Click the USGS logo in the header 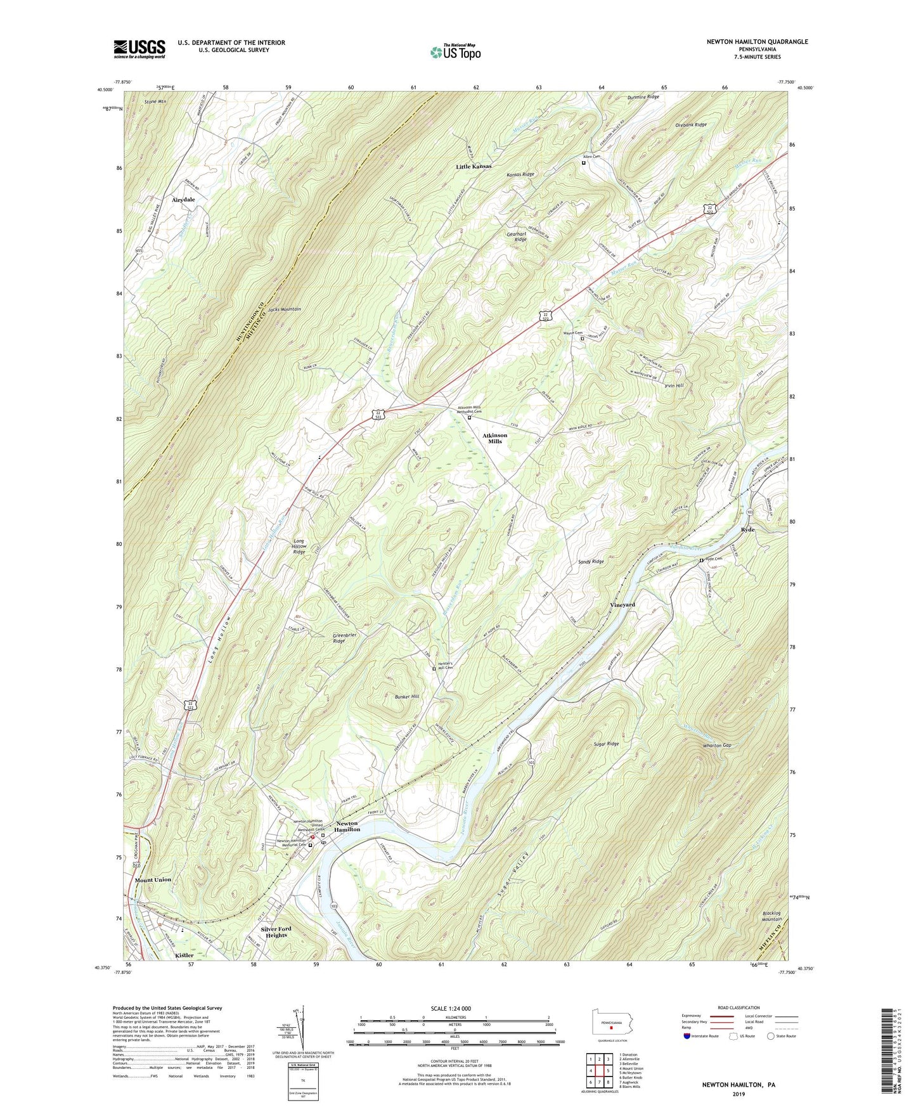(139, 49)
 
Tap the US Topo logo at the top (455, 51)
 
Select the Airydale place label (183, 199)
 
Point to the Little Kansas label (474, 167)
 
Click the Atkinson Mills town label (494, 438)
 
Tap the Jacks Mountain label (284, 309)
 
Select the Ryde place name (747, 529)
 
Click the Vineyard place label (622, 605)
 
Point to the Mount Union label (153, 880)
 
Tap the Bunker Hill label (407, 697)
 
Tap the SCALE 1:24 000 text (451, 1009)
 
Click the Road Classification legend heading (739, 1007)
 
